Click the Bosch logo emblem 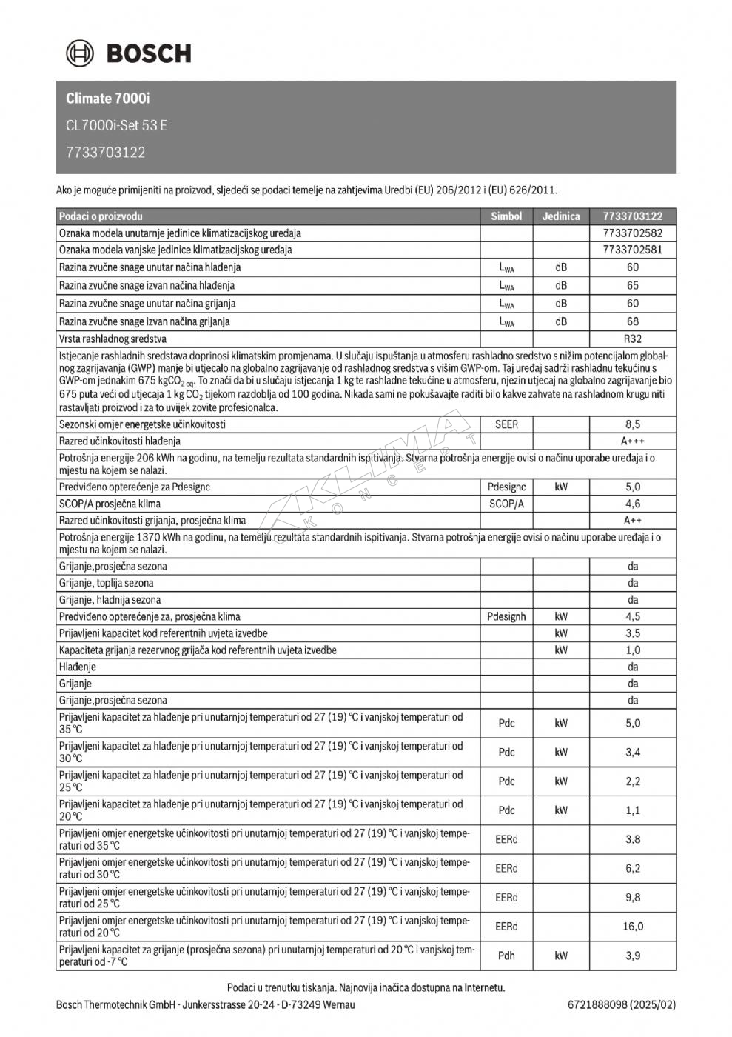80,53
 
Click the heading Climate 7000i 108,99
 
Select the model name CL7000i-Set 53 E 116,125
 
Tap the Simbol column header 506,216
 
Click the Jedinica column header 561,216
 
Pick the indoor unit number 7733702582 633,233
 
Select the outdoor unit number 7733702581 633,250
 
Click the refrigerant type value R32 633,339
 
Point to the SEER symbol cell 506,424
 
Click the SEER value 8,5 633,424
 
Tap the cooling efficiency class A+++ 633,441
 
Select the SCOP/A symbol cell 506,504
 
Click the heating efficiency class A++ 633,520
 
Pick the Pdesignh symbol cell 506,616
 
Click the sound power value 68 633,321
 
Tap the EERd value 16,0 633,926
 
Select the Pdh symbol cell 506,956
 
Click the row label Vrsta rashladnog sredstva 113,339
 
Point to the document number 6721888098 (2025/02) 622,1005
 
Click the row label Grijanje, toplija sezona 107,583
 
